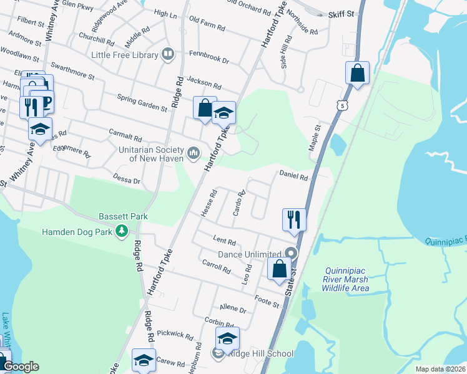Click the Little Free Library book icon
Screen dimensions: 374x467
point(168,55)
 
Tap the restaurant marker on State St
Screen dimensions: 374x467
point(294,219)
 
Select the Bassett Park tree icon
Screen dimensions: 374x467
point(123,232)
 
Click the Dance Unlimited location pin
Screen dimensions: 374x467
point(290,254)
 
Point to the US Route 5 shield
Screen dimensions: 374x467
point(342,107)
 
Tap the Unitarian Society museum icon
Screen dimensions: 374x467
point(194,151)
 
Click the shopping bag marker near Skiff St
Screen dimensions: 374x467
point(358,73)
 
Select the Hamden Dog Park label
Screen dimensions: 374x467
point(76,232)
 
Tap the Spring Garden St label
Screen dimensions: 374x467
point(143,102)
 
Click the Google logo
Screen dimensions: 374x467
point(21,367)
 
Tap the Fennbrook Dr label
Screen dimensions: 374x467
point(209,61)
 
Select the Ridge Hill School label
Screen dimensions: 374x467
point(262,354)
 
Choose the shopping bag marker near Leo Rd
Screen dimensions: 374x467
point(279,269)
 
